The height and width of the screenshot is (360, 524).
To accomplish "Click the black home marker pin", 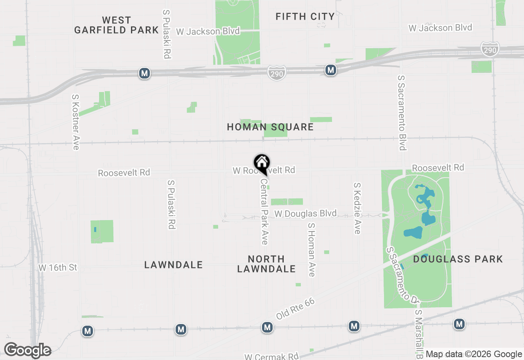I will (x=262, y=163).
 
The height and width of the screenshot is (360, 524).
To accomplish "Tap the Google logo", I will (x=27, y=351).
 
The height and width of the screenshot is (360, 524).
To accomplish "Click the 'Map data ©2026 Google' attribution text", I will (x=474, y=354).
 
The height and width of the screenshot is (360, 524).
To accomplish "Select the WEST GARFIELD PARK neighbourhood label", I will (x=116, y=25).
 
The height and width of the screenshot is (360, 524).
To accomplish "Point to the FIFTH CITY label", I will (x=305, y=17).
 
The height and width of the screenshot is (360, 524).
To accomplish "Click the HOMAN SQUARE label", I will (x=270, y=127).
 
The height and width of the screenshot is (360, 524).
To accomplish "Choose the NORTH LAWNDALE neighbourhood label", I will (x=266, y=264).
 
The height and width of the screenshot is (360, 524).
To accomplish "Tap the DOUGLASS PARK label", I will (x=458, y=259).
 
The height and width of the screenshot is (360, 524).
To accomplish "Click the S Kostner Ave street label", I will (x=75, y=122).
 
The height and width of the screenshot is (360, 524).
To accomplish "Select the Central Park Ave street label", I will (x=264, y=211).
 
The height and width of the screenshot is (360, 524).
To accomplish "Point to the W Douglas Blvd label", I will (x=305, y=214).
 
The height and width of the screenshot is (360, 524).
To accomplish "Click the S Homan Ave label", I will (x=312, y=250).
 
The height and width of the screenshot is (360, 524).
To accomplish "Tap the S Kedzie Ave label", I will (x=357, y=208).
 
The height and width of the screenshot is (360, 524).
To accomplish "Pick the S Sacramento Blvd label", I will (x=402, y=112).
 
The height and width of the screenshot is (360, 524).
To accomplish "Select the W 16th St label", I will (x=58, y=268).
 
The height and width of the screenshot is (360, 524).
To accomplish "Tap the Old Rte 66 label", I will (x=295, y=309).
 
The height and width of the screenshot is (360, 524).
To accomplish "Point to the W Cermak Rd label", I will (x=271, y=356).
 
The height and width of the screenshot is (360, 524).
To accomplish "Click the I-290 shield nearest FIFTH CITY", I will (x=277, y=73).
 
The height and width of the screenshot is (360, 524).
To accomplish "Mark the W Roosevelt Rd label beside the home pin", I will (x=279, y=170).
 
